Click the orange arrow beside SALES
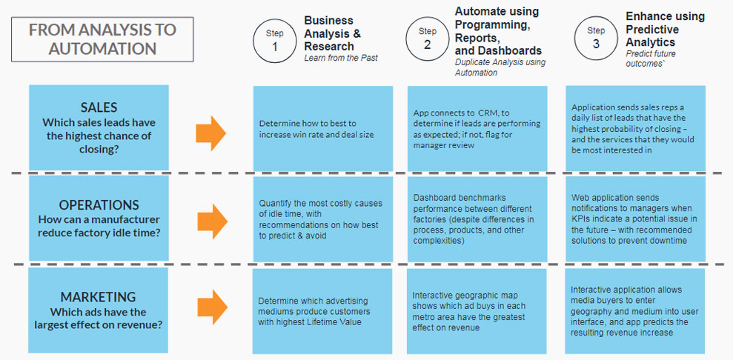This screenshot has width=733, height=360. [210, 133]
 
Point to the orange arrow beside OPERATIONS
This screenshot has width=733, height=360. [212, 221]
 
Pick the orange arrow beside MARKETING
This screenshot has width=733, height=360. [212, 307]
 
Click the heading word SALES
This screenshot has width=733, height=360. [99, 107]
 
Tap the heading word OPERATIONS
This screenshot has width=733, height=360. [99, 205]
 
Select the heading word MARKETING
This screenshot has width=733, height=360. [98, 296]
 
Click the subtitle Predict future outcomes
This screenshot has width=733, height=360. [651, 59]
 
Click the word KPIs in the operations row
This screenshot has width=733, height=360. [580, 219]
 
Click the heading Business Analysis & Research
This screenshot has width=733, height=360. [332, 33]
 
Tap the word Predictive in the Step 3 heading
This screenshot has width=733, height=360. [652, 30]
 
